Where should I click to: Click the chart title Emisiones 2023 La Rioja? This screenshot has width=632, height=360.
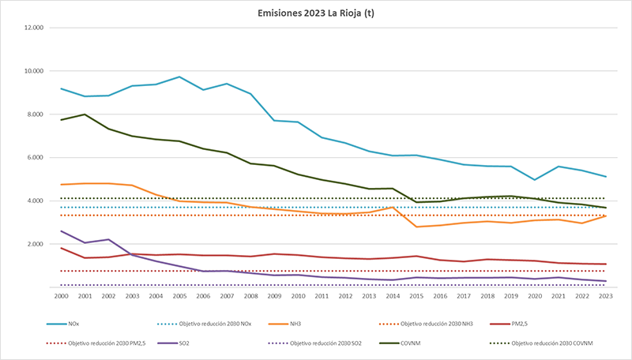(316, 13)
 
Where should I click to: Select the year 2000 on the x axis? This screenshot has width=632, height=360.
(62, 296)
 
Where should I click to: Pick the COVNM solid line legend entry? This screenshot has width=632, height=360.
(412, 343)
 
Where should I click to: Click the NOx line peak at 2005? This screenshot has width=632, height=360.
(179, 77)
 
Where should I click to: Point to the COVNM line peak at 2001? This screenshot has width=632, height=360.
(85, 114)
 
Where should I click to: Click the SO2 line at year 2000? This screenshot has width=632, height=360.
(62, 231)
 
